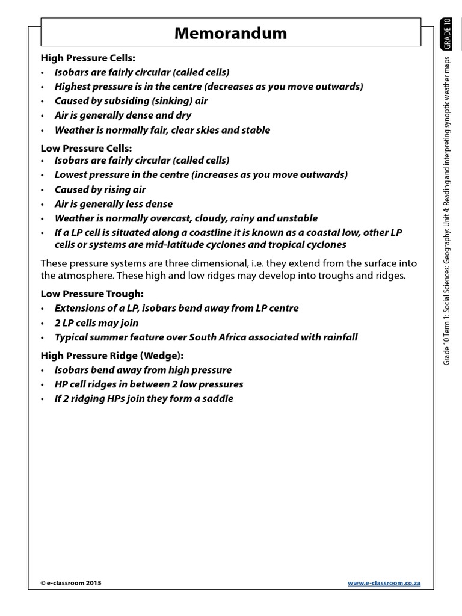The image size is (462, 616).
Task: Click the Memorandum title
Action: pyautogui.click(x=230, y=34)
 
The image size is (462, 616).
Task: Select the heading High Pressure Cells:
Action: pyautogui.click(x=88, y=58)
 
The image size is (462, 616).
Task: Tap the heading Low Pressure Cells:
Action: pyautogui.click(x=86, y=147)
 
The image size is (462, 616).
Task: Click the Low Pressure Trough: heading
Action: pyautogui.click(x=92, y=294)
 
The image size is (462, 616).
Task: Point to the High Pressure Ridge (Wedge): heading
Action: pyautogui.click(x=112, y=356)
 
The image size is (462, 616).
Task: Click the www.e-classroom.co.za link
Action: pyautogui.click(x=384, y=583)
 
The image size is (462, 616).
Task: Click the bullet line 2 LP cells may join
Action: pyautogui.click(x=96, y=322)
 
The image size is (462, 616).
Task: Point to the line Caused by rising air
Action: pyautogui.click(x=100, y=189)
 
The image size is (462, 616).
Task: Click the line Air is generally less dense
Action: pyautogui.click(x=113, y=204)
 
